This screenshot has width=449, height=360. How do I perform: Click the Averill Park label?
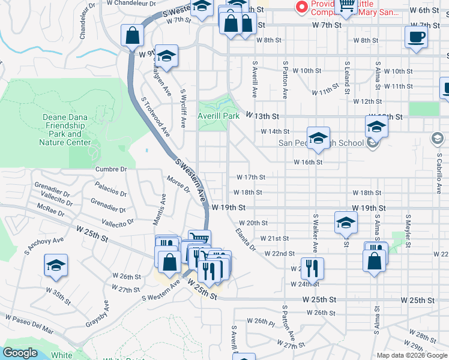pyautogui.click(x=219, y=115)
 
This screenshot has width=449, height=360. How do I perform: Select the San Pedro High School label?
pyautogui.click(x=321, y=143)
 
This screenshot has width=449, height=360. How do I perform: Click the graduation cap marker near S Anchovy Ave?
pyautogui.click(x=56, y=266)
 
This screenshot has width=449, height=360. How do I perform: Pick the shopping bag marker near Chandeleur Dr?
pyautogui.click(x=132, y=35)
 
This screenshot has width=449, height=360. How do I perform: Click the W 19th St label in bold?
pyautogui.click(x=229, y=207)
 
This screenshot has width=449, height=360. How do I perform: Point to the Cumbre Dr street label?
pyautogui.click(x=111, y=170)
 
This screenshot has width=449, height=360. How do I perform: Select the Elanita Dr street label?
pyautogui.click(x=246, y=239)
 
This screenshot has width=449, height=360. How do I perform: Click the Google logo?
pyautogui.click(x=20, y=353)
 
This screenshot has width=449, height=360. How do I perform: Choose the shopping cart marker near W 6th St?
pyautogui.click(x=347, y=7)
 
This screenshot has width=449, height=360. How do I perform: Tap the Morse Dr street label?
pyautogui.click(x=179, y=184)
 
